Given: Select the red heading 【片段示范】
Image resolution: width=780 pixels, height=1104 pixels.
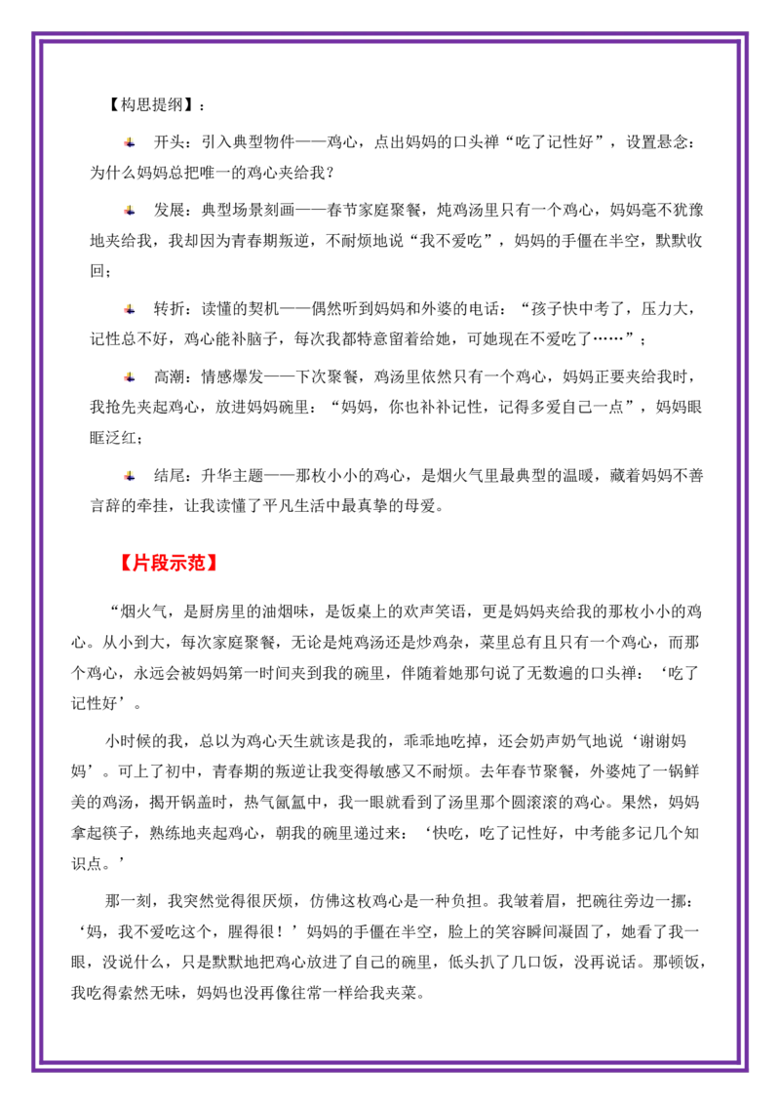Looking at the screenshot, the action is pyautogui.click(x=169, y=563).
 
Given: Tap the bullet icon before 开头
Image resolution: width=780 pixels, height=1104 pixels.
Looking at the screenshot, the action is pyautogui.click(x=130, y=142).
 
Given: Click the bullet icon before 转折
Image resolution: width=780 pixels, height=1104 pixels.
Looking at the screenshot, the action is pyautogui.click(x=130, y=308).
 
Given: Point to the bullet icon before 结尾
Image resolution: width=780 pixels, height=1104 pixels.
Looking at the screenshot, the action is pyautogui.click(x=130, y=475).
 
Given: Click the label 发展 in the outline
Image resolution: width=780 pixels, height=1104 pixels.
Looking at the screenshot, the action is pyautogui.click(x=170, y=210).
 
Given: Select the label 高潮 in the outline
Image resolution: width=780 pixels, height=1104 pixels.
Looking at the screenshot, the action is pyautogui.click(x=170, y=376).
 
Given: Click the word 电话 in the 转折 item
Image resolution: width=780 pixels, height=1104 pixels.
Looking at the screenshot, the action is pyautogui.click(x=484, y=308).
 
